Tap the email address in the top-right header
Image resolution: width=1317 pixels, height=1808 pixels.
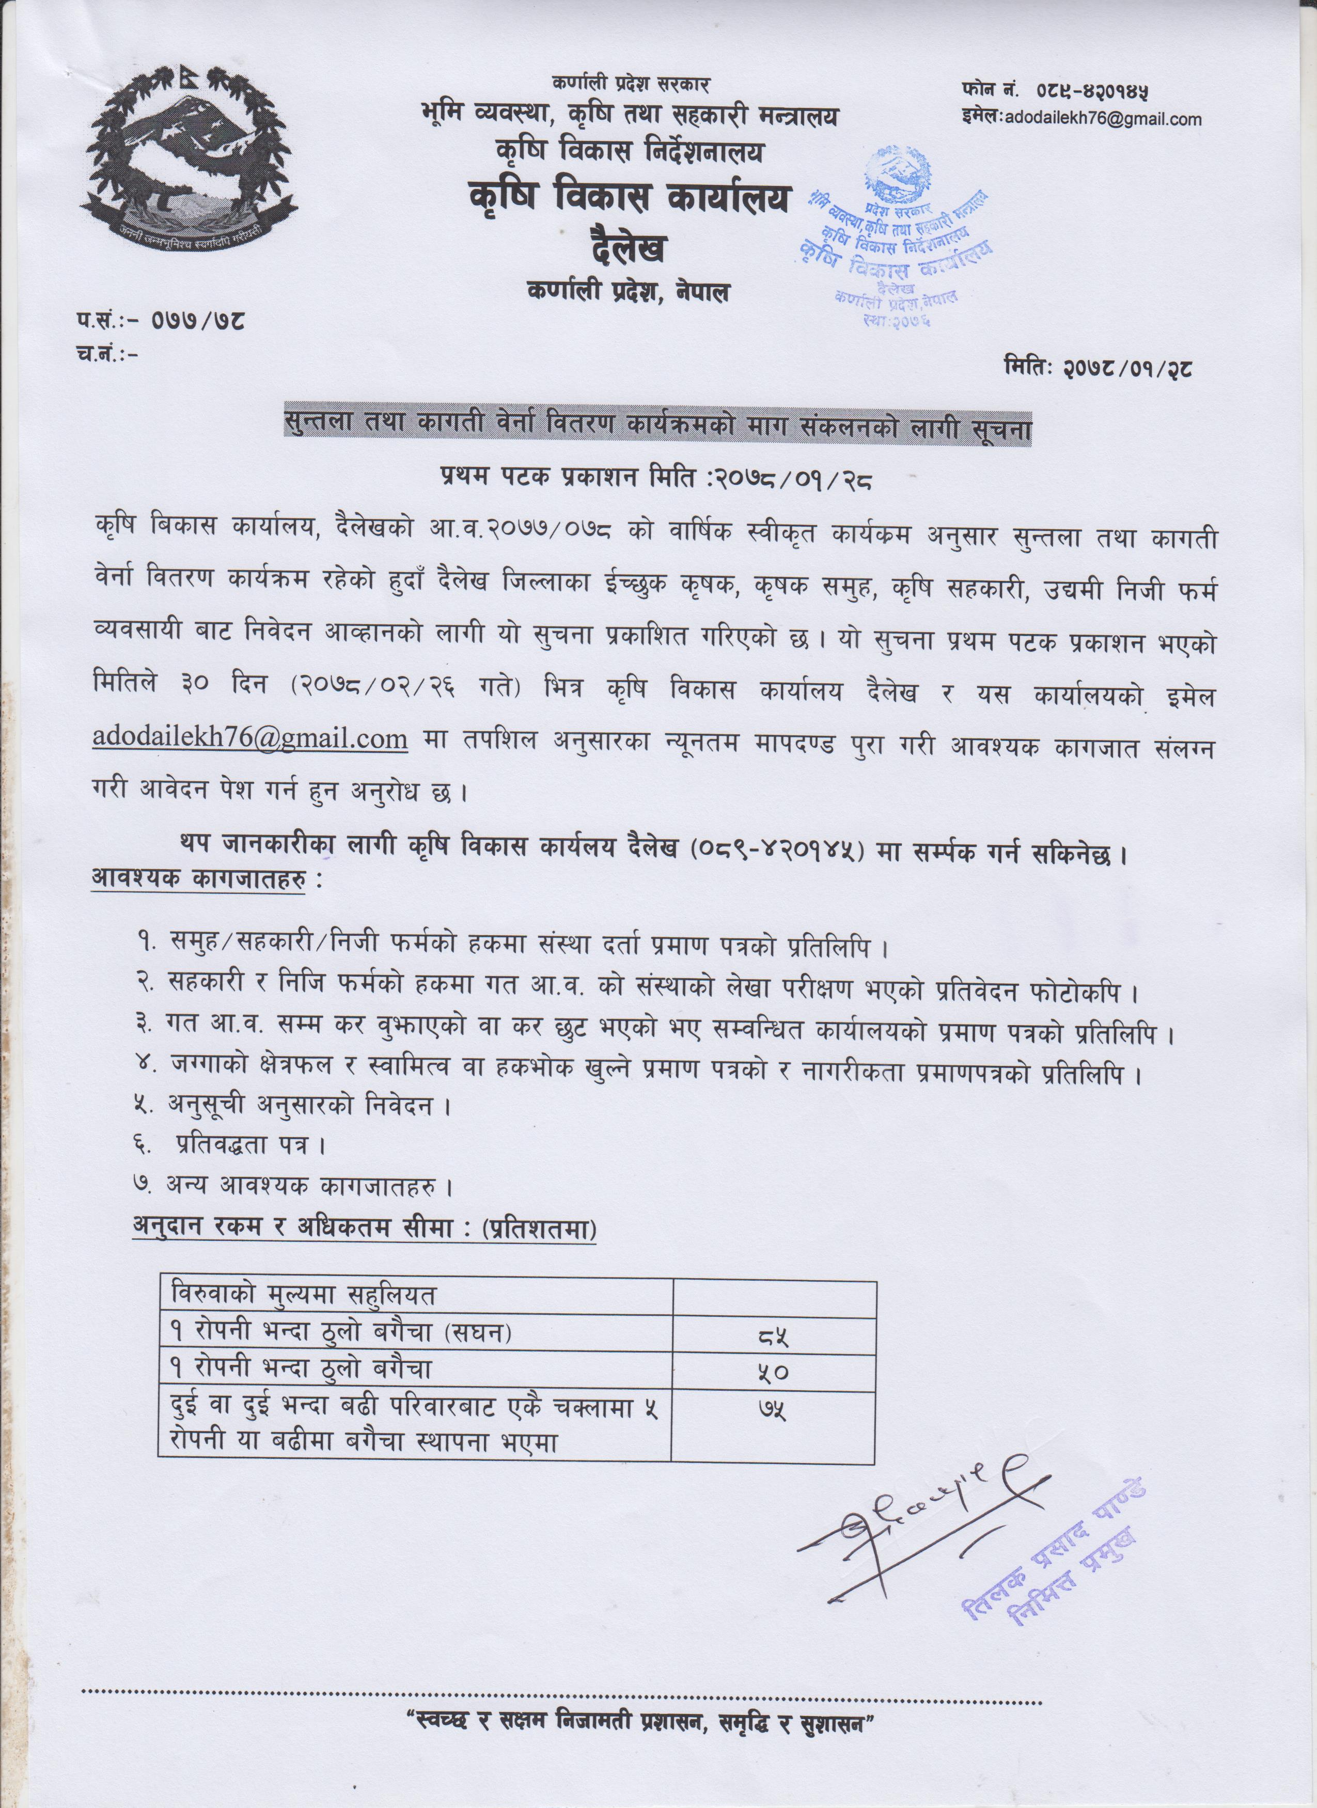point(1103,120)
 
